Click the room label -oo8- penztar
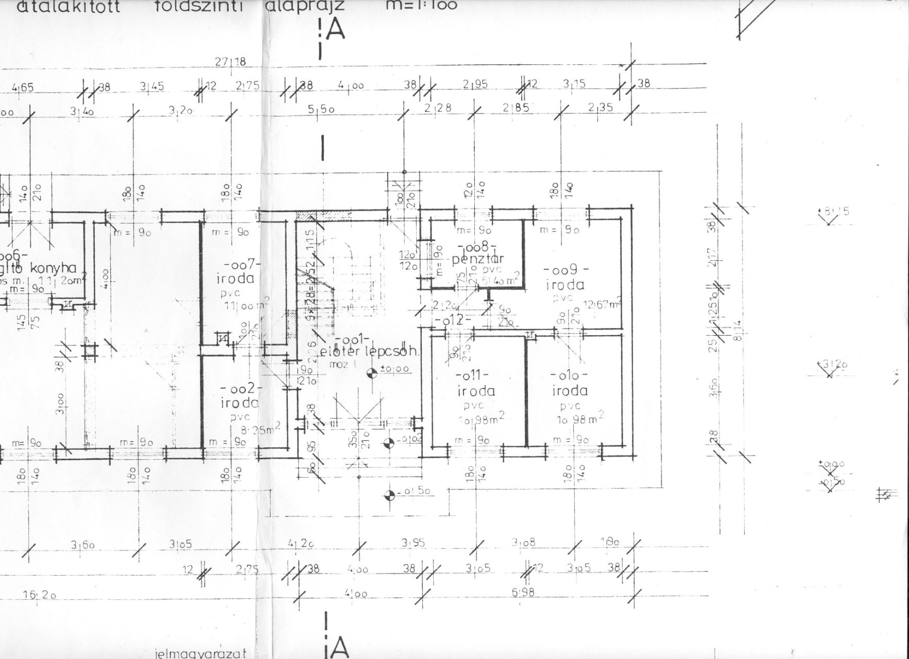pyautogui.click(x=477, y=253)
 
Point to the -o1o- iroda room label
pyautogui.click(x=570, y=384)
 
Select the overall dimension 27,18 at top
pyautogui.click(x=231, y=62)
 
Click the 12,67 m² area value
pyautogui.click(x=602, y=305)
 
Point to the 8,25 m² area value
pyautogui.click(x=262, y=430)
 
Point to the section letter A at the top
pyautogui.click(x=335, y=30)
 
